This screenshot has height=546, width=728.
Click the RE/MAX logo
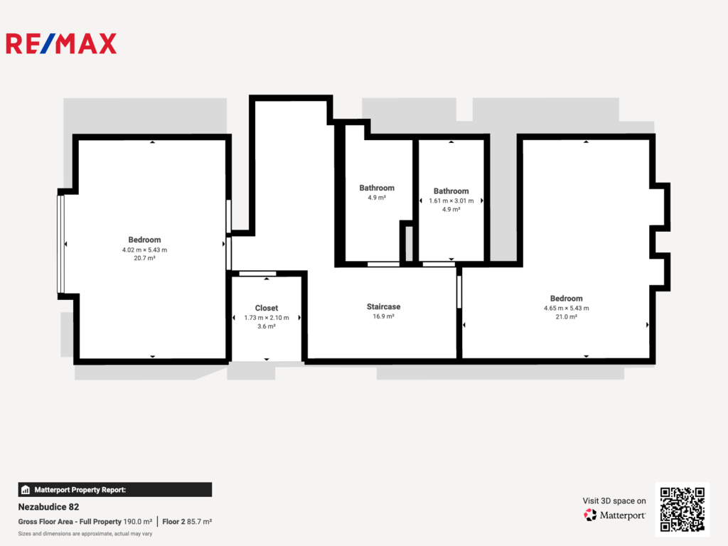[x=61, y=43]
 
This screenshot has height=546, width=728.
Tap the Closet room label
[x=267, y=308]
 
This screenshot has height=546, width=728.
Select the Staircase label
[x=383, y=306]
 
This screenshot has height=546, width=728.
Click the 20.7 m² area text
[x=144, y=258]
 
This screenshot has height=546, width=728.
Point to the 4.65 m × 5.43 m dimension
[x=567, y=308]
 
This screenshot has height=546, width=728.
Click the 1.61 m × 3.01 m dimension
[x=451, y=200]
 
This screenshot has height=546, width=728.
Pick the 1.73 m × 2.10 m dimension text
[x=267, y=318]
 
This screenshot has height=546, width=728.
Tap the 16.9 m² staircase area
[x=383, y=316]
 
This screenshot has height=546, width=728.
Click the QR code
[x=682, y=509]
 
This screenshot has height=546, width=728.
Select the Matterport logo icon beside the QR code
[x=590, y=515]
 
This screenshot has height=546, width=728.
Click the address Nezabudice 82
[x=49, y=507]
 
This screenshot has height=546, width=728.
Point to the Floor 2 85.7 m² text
[x=187, y=521]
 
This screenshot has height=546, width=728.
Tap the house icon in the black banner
[x=26, y=490]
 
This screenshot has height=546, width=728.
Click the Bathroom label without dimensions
[x=377, y=188]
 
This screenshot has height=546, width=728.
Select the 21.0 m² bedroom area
[x=567, y=316]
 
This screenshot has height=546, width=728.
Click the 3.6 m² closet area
[x=267, y=326]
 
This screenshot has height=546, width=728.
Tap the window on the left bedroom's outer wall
[x=60, y=245]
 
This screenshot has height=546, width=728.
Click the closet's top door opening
[x=257, y=274]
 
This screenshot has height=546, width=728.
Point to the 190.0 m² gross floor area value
[x=137, y=521]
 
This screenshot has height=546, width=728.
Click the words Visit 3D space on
[x=614, y=500]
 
